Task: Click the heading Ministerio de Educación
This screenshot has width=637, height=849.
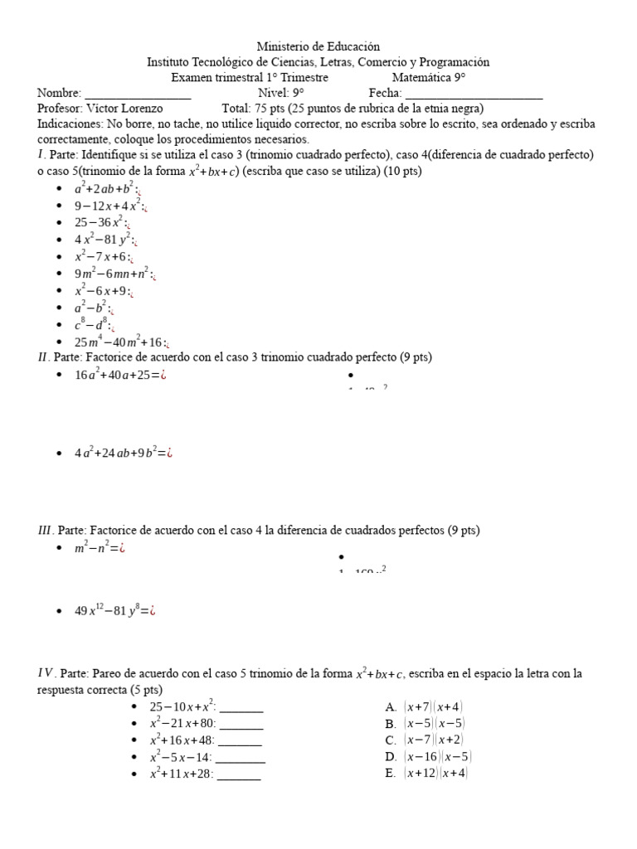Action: pos(318,47)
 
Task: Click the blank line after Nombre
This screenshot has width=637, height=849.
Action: pos(138,94)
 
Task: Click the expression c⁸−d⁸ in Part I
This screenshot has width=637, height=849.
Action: pos(90,325)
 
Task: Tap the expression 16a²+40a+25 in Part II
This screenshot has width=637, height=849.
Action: pos(114,375)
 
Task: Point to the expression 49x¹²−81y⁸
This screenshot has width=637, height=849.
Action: pos(109,611)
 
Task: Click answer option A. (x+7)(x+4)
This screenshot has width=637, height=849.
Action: pos(424,707)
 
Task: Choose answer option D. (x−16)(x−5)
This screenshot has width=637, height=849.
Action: pos(428,757)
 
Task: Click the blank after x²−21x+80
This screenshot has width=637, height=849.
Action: pos(241,724)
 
